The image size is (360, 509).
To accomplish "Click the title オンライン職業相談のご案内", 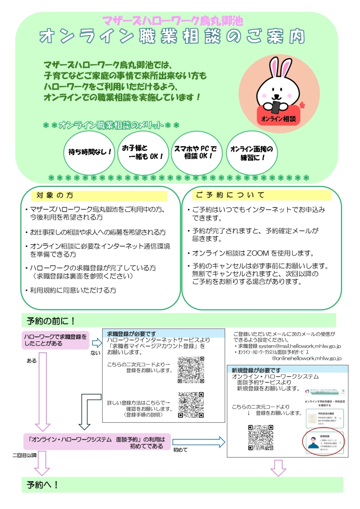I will (172, 37).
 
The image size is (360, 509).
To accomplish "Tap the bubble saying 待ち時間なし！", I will (90, 152).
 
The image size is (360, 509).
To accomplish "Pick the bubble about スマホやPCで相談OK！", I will (195, 152).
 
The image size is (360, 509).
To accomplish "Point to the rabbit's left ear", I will (273, 70).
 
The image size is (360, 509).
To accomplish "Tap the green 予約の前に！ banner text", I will (51, 320).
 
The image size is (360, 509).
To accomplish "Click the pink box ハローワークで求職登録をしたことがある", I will (56, 340).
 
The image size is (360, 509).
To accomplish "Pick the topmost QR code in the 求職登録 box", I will (191, 369).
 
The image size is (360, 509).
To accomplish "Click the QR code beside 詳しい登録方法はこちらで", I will (191, 404).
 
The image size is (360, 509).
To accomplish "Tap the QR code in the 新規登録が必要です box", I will (261, 437).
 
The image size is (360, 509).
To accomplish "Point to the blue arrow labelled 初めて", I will (198, 442).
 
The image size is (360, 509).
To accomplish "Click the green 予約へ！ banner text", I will (43, 485).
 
